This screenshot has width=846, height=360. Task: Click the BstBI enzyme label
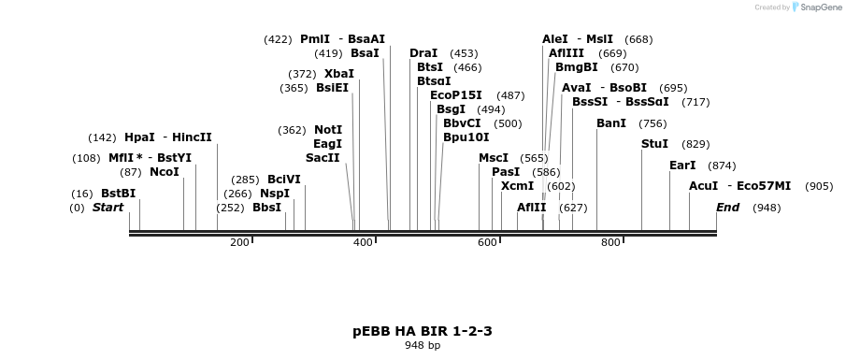(x=119, y=194)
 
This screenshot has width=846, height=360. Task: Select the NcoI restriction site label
(x=164, y=172)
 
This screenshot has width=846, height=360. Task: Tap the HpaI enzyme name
(x=139, y=137)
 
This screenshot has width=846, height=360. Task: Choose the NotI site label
(x=328, y=130)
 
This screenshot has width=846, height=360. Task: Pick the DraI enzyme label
(x=423, y=53)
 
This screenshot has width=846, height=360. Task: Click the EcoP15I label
(x=456, y=95)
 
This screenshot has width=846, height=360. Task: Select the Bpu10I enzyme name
(x=466, y=137)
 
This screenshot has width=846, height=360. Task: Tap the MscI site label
(x=494, y=158)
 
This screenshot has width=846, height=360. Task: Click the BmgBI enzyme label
(x=576, y=67)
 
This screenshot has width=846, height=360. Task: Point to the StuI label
(x=654, y=144)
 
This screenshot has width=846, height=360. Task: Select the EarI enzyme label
(x=682, y=166)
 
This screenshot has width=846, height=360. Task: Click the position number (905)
(x=818, y=186)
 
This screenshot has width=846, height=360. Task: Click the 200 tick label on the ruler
(x=239, y=243)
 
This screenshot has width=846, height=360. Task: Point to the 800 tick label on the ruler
(x=610, y=243)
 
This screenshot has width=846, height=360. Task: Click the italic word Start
(x=108, y=208)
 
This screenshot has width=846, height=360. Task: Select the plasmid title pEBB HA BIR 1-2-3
(x=423, y=331)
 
